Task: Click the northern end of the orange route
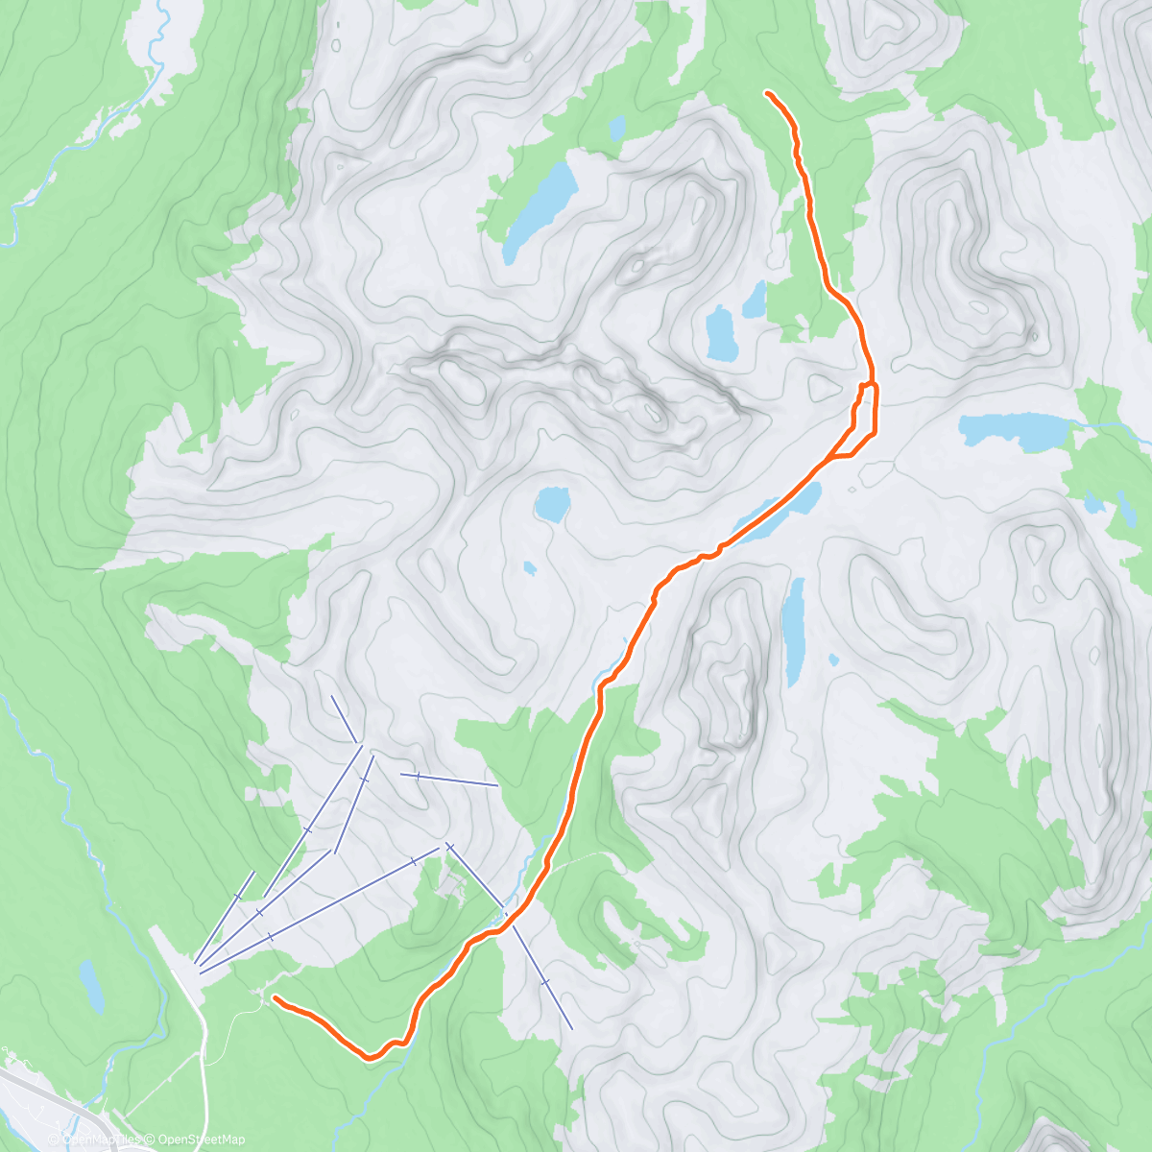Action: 767,92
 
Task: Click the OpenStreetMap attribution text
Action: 202,1140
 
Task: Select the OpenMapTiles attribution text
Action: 95,1140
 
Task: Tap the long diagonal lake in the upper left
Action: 540,210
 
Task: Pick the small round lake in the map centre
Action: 552,503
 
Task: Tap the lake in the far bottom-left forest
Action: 91,985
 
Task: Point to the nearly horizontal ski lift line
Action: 449,780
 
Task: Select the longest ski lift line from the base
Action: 317,906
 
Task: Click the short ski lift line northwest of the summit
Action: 345,719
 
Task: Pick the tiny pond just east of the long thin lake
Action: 833,660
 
